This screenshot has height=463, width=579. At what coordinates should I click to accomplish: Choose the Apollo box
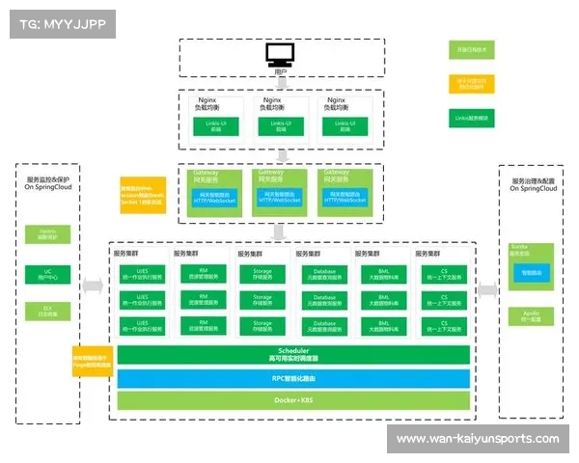[x=531, y=315]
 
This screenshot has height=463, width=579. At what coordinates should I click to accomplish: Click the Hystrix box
[x=48, y=233]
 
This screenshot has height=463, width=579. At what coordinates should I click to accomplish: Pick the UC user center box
[x=48, y=273]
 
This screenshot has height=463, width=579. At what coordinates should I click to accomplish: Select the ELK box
[x=48, y=311]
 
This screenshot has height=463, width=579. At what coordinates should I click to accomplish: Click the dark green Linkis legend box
[x=471, y=119]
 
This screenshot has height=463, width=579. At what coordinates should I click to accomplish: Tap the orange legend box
[x=471, y=84]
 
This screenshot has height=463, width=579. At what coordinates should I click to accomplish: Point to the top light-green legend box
[x=471, y=49]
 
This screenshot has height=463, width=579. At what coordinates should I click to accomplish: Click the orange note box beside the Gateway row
[x=142, y=193]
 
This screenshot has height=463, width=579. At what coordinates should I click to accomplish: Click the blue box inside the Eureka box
[x=532, y=273]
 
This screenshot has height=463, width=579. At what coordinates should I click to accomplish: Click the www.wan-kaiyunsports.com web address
[x=478, y=439]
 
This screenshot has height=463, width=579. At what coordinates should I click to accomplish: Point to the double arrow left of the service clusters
[x=93, y=286]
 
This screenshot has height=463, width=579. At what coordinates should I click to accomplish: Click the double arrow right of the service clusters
[x=487, y=288]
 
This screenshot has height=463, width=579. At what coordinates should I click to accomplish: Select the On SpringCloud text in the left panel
[x=48, y=188]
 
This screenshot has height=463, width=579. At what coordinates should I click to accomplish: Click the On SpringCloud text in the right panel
[x=534, y=188]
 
